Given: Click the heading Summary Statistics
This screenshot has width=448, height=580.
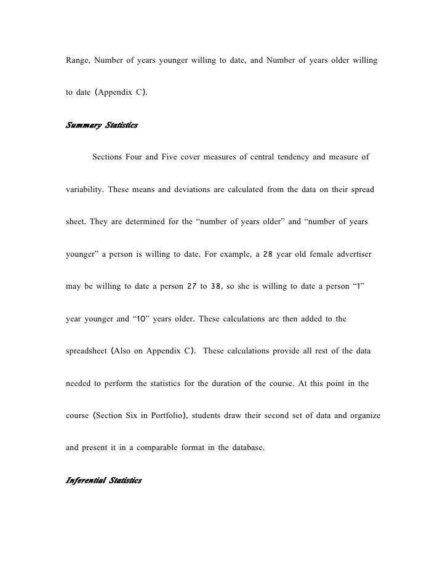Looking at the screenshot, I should pyautogui.click(x=102, y=126).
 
